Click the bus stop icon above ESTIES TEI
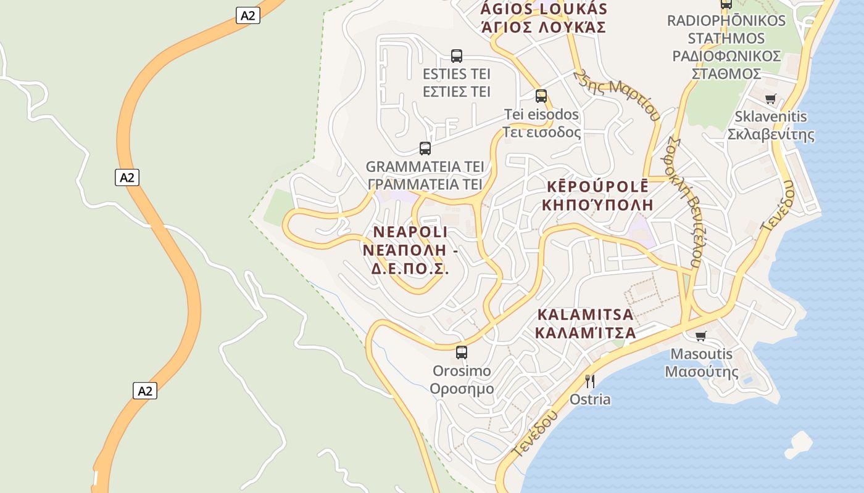[457, 56]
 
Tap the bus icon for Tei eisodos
[541, 96]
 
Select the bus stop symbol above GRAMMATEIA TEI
[425, 148]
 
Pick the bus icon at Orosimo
[462, 352]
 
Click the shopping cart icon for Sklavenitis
[770, 99]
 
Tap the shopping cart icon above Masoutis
[700, 336]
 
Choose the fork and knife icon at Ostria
[590, 381]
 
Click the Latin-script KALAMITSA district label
[585, 314]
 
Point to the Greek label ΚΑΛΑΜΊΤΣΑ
[585, 333]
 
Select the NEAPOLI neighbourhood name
[410, 232]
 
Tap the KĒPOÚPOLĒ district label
[597, 186]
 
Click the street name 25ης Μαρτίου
[617, 94]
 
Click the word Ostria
[590, 399]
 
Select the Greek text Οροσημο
[462, 389]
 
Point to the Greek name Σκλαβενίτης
[771, 134]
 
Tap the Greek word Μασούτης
[701, 372]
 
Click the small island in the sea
[799, 444]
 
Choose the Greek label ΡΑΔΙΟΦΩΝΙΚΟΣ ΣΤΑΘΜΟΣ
[726, 65]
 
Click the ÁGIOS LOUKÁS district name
[544, 9]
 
